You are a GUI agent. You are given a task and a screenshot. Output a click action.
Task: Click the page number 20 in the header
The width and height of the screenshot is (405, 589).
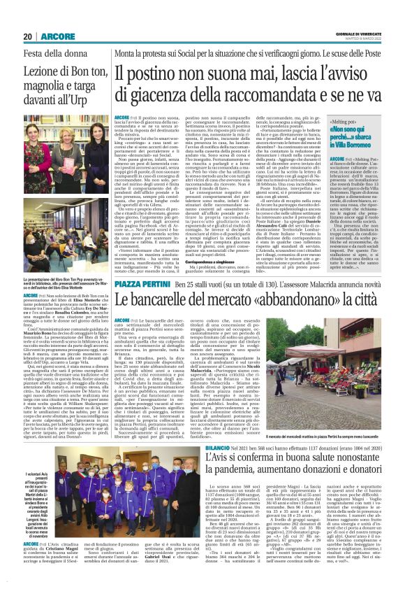pyautogui.click(x=28, y=36)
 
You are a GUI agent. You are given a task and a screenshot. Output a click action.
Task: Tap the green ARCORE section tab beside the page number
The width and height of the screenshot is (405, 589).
pyautogui.click(x=52, y=36)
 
